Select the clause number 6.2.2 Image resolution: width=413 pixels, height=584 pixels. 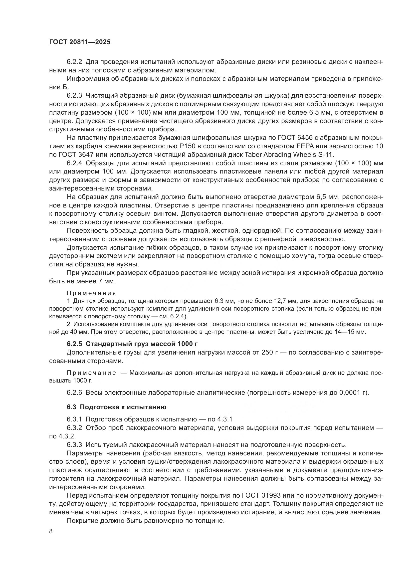74,62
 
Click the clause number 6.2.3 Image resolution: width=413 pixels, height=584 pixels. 74,96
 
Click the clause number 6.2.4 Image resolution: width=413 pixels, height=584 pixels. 74,163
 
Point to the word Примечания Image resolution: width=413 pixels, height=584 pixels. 91,293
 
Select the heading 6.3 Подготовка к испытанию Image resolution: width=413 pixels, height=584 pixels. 116,407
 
